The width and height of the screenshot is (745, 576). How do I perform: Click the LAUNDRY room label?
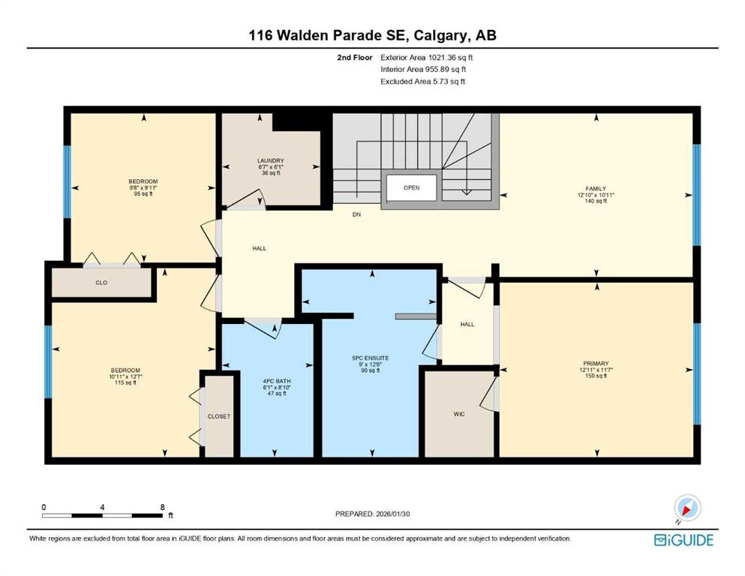[x=270, y=160]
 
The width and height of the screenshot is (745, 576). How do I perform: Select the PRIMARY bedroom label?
[x=596, y=363]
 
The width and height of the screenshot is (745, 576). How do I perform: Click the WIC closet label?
[x=459, y=413]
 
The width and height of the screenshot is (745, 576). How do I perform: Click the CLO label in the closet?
[x=101, y=283]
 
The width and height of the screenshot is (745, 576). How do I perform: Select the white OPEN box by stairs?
[x=411, y=187]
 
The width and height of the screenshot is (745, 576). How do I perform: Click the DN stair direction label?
[x=358, y=214]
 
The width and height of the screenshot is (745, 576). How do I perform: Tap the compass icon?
[x=687, y=508]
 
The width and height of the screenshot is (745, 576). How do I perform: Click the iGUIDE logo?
[x=683, y=539]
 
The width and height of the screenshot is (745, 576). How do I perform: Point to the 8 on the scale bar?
[x=162, y=507]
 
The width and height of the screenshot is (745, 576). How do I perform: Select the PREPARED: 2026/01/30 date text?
[x=373, y=514]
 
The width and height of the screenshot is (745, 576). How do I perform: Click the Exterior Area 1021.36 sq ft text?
[x=427, y=57]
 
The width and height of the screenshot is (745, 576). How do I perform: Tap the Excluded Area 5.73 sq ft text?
[x=422, y=81]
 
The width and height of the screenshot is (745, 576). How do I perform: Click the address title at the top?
[x=372, y=35]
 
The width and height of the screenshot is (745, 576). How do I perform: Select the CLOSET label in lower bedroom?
[x=220, y=416]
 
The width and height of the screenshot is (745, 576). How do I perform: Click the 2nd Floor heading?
[x=353, y=57]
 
